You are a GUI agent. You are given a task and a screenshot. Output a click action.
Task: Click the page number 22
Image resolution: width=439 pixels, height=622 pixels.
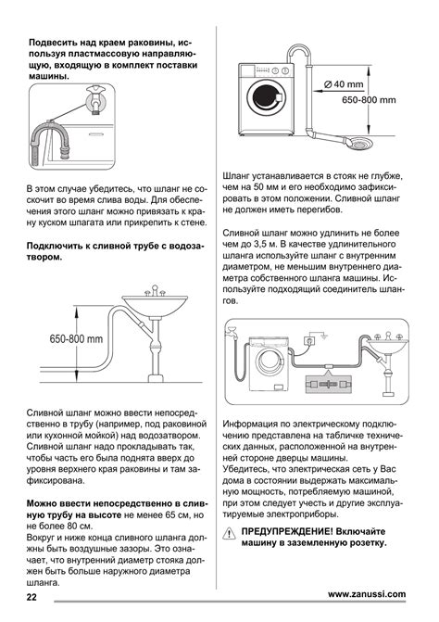point(31,596)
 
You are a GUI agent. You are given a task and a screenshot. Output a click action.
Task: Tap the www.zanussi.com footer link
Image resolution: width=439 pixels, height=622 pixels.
point(367,594)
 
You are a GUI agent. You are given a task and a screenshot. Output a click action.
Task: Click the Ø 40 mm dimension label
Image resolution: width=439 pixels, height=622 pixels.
point(344,84)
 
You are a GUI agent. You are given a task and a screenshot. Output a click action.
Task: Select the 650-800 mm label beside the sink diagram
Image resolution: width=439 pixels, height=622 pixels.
point(76,338)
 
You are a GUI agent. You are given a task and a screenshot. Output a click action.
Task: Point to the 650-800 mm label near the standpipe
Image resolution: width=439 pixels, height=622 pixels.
point(369,99)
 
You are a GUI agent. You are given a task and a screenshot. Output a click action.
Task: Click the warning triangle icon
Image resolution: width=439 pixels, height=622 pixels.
point(229,534)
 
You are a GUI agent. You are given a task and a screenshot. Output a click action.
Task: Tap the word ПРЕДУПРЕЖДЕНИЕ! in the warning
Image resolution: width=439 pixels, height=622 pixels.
point(286,531)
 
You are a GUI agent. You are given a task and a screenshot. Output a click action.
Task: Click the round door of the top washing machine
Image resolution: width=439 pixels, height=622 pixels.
point(266,97)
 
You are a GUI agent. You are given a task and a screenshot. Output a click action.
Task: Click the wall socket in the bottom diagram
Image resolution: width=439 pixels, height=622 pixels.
point(309,340)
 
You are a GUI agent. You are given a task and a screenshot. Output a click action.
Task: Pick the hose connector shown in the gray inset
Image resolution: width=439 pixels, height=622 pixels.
point(329,384)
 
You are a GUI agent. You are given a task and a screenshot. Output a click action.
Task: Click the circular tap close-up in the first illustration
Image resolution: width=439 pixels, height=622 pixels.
point(96,100)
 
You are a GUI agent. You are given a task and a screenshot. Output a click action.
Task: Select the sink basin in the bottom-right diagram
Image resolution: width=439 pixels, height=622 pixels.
point(387,346)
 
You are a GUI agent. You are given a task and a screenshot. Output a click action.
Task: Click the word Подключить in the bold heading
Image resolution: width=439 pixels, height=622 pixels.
point(54,246)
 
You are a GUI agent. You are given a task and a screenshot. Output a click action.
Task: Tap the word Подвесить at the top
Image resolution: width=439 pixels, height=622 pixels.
point(52,43)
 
